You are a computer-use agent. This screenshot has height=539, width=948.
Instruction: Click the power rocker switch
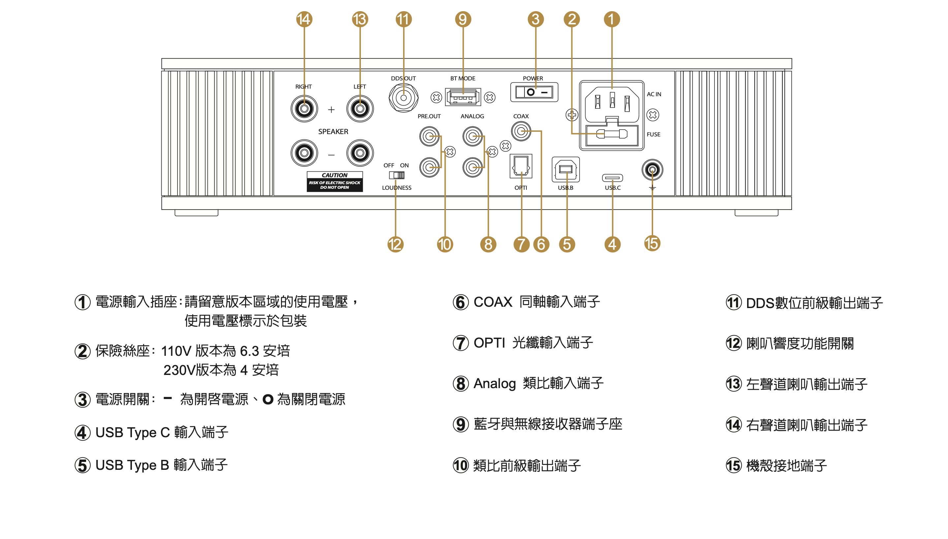click(534, 92)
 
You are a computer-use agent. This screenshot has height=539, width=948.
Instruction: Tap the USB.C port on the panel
click(612, 178)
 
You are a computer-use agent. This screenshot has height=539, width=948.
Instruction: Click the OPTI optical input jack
click(521, 167)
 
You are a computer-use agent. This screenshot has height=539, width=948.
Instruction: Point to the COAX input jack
click(521, 131)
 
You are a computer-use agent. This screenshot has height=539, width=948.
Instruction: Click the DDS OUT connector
click(403, 98)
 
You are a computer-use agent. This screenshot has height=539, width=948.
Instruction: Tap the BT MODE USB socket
click(463, 97)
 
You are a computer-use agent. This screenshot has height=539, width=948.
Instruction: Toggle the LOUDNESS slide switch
click(396, 175)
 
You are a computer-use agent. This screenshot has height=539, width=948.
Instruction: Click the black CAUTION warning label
click(334, 182)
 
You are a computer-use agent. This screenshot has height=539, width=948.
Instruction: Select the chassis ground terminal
click(652, 170)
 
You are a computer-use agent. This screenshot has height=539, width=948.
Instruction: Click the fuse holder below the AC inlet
click(612, 134)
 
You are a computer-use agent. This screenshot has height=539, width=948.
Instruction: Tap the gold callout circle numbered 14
click(304, 19)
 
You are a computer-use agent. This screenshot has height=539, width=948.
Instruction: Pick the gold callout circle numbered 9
click(463, 19)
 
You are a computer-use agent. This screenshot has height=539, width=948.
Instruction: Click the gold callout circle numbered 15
click(652, 243)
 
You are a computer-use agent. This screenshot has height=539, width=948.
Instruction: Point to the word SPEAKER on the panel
click(333, 132)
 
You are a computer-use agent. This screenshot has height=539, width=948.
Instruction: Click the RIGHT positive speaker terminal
click(304, 109)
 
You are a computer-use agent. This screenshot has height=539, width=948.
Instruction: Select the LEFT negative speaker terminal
click(360, 153)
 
